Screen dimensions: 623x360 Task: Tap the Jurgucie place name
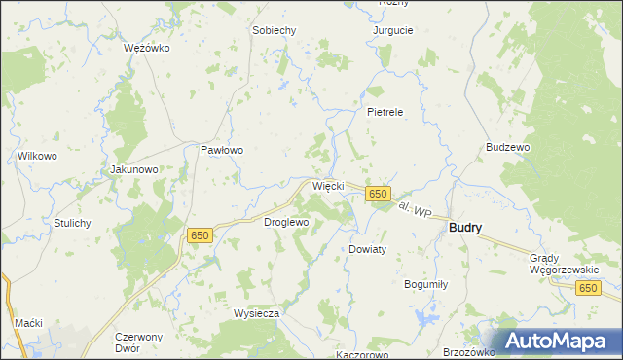[x=393, y=30]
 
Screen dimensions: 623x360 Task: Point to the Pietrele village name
[x=385, y=112]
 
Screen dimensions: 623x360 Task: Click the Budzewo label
[x=507, y=147]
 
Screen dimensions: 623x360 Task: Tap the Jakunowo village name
[x=134, y=169]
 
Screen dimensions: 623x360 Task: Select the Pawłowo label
[x=221, y=151]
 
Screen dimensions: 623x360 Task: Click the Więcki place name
[x=327, y=185]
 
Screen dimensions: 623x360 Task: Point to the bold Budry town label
[x=465, y=227]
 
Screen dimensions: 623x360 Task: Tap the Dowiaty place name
[x=368, y=249]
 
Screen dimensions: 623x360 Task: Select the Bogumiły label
[x=425, y=284]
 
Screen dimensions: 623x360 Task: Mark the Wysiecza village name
[x=257, y=313]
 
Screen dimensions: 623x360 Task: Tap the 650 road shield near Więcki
[x=379, y=195]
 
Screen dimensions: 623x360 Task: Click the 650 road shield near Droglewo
[x=200, y=235]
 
